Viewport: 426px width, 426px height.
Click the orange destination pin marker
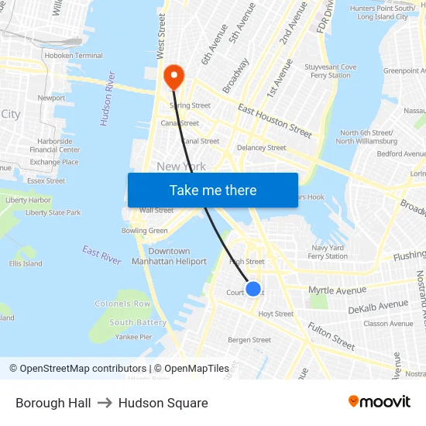(173, 77)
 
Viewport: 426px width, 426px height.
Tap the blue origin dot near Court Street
(253, 289)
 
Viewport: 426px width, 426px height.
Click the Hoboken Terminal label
(74, 56)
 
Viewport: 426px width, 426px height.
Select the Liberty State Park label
(53, 213)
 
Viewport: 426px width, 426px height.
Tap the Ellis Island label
(26, 263)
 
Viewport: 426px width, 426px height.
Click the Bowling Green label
(145, 231)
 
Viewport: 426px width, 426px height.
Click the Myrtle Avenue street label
(337, 290)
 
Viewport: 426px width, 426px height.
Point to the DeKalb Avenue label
(378, 307)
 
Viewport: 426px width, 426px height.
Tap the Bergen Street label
(249, 340)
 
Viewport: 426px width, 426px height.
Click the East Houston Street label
(275, 120)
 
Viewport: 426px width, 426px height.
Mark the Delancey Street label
(261, 147)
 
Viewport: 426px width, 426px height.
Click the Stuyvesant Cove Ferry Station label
(332, 71)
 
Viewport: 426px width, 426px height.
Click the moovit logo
(380, 402)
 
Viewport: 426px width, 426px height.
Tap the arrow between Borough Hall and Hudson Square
(105, 403)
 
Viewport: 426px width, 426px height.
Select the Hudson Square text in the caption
(163, 403)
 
